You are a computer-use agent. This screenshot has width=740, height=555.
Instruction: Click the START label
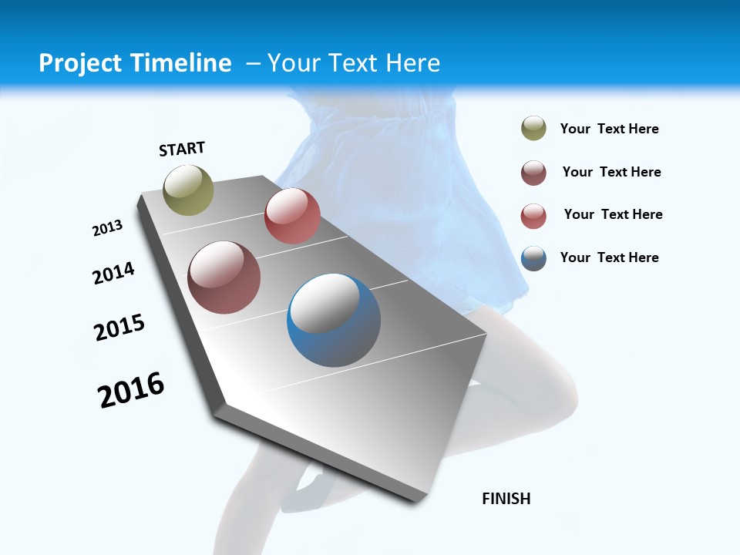click(x=182, y=149)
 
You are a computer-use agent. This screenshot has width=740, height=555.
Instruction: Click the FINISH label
click(x=506, y=499)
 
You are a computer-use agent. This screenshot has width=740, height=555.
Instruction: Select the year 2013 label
click(x=107, y=228)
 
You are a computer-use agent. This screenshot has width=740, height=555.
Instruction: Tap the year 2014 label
click(x=113, y=274)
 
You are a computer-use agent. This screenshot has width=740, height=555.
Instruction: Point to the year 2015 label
click(x=119, y=328)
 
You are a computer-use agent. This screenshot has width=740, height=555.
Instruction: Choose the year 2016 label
click(x=131, y=389)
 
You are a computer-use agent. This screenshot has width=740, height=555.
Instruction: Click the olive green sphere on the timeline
click(x=188, y=190)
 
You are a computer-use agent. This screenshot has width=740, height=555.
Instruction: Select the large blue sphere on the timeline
click(x=334, y=320)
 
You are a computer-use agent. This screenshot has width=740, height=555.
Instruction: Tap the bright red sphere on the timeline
click(x=292, y=216)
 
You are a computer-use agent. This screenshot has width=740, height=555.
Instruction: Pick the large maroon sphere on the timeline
click(x=224, y=277)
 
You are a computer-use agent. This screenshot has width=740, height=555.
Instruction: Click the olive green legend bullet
click(x=533, y=129)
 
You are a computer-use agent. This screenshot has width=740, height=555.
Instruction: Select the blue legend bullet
click(x=533, y=258)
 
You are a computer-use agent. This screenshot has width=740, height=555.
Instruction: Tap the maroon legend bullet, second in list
click(x=533, y=173)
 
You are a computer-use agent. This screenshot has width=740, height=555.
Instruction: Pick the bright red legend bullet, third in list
click(x=533, y=216)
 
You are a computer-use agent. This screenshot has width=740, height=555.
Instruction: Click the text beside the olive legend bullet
click(x=609, y=129)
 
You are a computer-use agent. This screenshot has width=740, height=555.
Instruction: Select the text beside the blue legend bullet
click(x=609, y=257)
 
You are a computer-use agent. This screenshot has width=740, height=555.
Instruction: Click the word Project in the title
click(x=79, y=63)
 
